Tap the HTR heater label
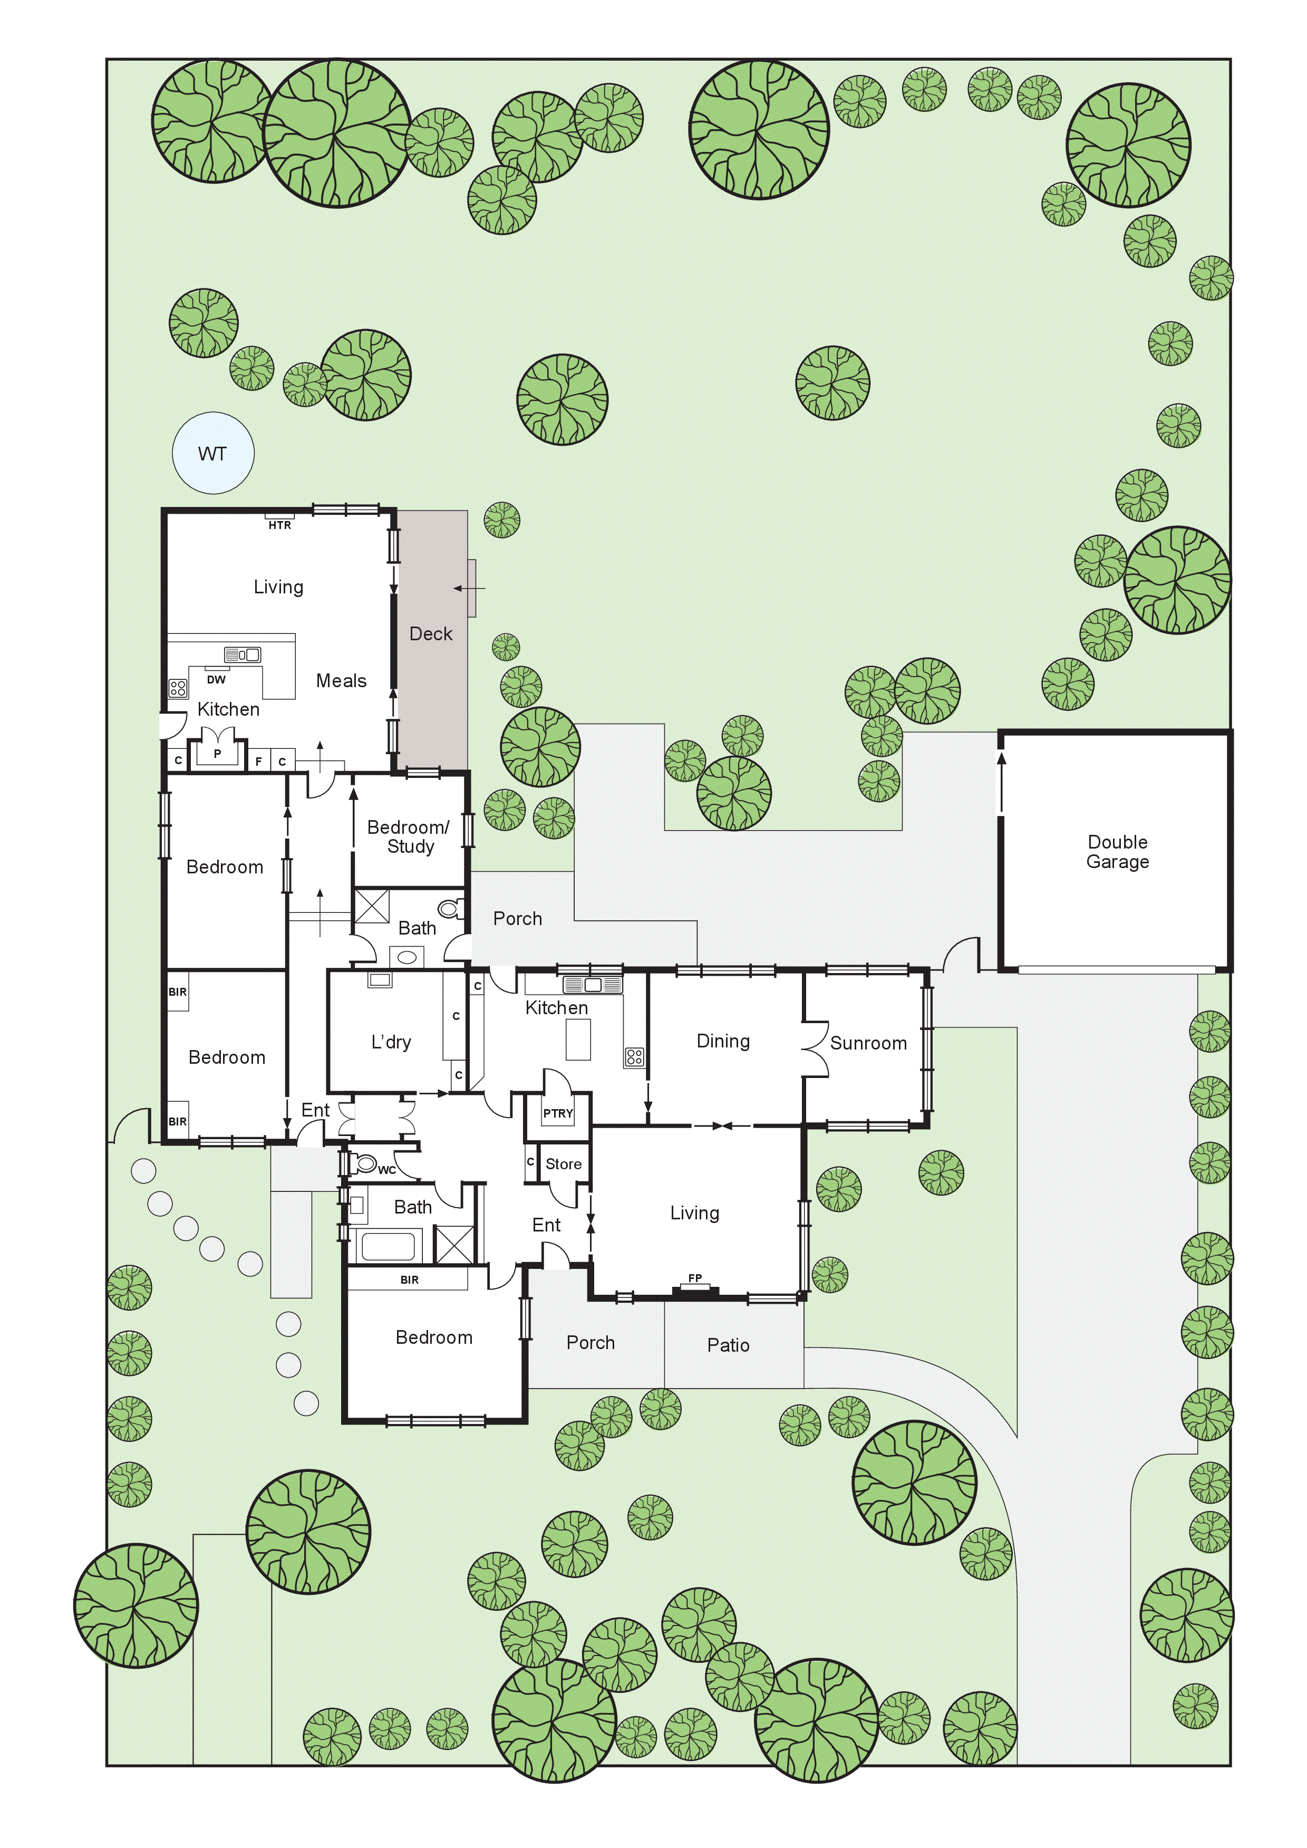coord(279,525)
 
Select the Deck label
coord(431,633)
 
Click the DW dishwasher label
coord(216,679)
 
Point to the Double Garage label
coord(1117,852)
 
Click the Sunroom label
coord(868,1043)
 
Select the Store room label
coord(564,1164)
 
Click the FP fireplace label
coord(694,1278)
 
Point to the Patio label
coord(728,1345)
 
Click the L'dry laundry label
coord(391,1042)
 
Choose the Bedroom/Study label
coord(409,836)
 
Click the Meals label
coord(341,681)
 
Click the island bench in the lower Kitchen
coord(579,1040)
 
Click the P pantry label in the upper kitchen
coord(217,753)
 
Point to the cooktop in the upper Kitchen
coord(178,688)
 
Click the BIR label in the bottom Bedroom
coord(409,1280)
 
